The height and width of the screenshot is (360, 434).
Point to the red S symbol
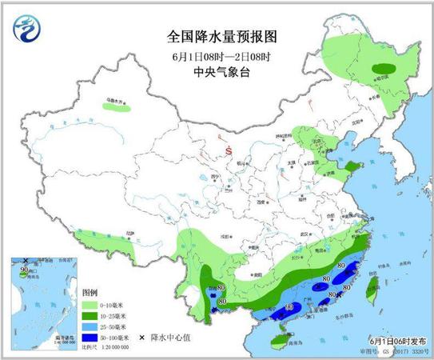point(229,149)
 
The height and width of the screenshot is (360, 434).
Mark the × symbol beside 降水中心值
point(142,338)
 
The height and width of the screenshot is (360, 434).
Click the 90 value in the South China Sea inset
point(24,270)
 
